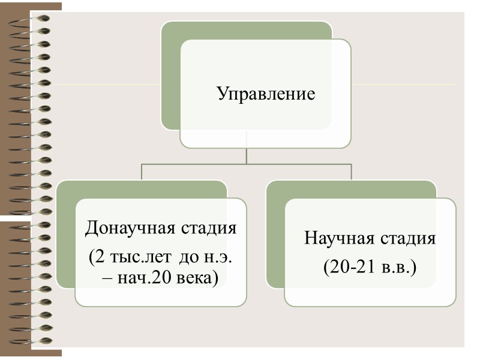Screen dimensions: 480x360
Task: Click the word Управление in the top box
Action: point(265,94)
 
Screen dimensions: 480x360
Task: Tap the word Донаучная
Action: point(124,229)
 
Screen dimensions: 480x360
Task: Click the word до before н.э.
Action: point(187,259)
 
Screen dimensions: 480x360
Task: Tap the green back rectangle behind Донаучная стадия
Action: point(66,240)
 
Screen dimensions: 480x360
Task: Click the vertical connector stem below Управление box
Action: point(247,155)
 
